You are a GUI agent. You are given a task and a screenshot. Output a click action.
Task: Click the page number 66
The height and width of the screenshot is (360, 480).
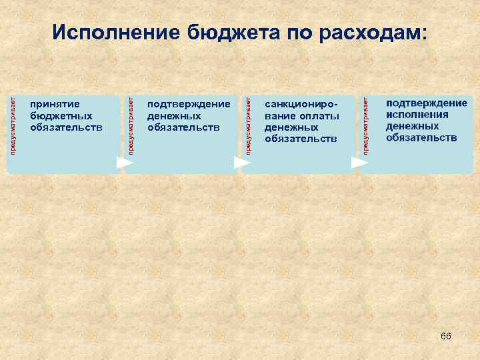[445, 336]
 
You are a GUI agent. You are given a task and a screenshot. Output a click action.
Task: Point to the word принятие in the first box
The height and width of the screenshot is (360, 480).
[55, 104]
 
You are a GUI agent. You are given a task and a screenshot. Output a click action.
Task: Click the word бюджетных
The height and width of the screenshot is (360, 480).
[61, 115]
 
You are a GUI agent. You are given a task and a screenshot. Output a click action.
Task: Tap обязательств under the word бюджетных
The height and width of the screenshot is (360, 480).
[67, 127]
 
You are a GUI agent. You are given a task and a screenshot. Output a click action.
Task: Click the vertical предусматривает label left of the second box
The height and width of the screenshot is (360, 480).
[131, 125]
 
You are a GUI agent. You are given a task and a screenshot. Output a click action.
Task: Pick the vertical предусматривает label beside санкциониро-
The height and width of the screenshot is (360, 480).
[248, 125]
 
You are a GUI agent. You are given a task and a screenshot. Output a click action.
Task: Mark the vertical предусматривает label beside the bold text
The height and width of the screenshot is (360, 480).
[365, 125]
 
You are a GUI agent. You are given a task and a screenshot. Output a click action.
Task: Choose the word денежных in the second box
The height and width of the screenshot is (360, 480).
[174, 115]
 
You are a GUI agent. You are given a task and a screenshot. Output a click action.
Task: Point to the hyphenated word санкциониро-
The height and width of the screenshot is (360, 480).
[301, 104]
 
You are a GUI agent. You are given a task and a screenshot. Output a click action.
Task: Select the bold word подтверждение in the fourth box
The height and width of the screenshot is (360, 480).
[427, 103]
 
